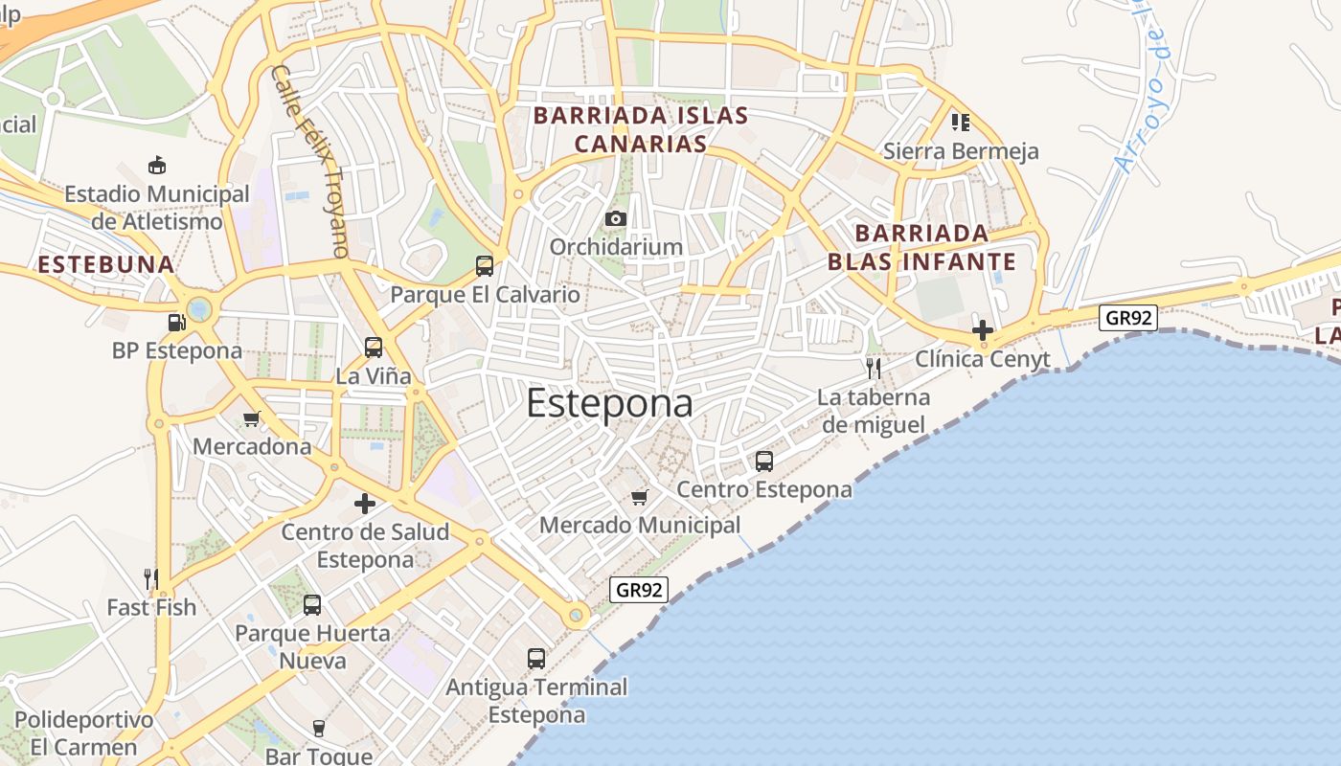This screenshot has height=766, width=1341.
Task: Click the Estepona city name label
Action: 609,403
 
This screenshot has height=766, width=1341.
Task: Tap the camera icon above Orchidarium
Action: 616,219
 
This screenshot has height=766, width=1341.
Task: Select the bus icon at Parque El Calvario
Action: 485,266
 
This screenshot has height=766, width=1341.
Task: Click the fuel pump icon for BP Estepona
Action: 176,323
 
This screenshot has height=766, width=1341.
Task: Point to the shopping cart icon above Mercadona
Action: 252,418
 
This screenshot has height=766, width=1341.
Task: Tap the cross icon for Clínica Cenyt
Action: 982,331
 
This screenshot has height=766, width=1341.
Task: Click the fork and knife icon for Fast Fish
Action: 150,578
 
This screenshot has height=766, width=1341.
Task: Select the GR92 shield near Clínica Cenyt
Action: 1127,318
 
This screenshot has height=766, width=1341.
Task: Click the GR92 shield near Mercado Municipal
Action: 639,590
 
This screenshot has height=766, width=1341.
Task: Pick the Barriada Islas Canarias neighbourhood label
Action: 641,129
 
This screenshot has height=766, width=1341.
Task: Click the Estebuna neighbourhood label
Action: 106,264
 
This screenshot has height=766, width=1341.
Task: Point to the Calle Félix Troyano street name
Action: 307,161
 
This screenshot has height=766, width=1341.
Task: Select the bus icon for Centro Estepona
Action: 764,462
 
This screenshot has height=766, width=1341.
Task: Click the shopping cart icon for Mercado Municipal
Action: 640,497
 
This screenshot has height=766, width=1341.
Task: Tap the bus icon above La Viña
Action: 374,348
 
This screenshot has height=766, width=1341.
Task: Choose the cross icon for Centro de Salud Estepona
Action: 365,504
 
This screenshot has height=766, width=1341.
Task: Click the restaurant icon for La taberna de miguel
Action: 873,369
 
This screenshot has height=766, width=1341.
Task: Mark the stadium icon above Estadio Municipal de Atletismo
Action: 157,166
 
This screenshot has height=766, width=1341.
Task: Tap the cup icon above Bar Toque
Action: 319,729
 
